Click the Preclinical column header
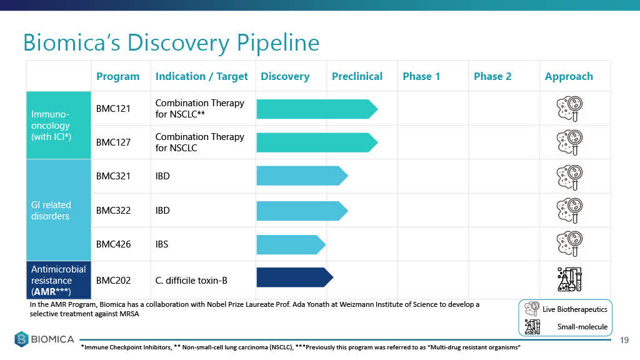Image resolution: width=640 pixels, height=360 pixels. click(x=357, y=76)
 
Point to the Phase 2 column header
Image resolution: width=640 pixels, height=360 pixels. click(x=492, y=76)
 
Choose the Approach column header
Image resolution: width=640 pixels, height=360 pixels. click(x=569, y=76)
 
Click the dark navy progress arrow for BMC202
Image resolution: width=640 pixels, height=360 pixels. click(x=295, y=277)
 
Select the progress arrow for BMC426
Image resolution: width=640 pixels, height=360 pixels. click(x=291, y=244)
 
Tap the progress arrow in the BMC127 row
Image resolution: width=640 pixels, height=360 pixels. click(x=317, y=142)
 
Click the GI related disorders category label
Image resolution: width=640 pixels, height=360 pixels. click(x=51, y=211)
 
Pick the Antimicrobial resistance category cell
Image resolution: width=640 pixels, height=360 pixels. click(x=58, y=281)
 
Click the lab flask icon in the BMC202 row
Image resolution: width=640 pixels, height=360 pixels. click(x=569, y=279)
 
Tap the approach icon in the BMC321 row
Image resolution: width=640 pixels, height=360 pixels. click(x=569, y=177)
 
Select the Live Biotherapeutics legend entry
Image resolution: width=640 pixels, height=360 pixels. click(x=566, y=309)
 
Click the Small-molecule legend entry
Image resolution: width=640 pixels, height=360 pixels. click(x=566, y=326)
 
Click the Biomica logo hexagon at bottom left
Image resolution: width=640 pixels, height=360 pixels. click(x=22, y=339)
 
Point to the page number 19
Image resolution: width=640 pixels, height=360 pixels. click(x=624, y=340)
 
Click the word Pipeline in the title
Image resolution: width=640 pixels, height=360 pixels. click(x=278, y=43)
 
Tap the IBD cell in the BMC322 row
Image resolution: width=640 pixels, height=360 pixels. click(x=162, y=211)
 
